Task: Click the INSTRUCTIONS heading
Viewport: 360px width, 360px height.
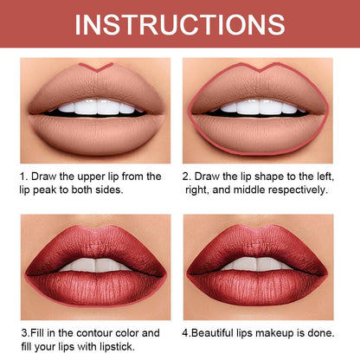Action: click(x=179, y=24)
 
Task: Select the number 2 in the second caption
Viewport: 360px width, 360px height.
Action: click(x=185, y=177)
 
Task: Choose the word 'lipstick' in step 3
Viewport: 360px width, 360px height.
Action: click(x=136, y=344)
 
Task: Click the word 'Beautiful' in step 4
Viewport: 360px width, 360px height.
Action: click(x=220, y=331)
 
